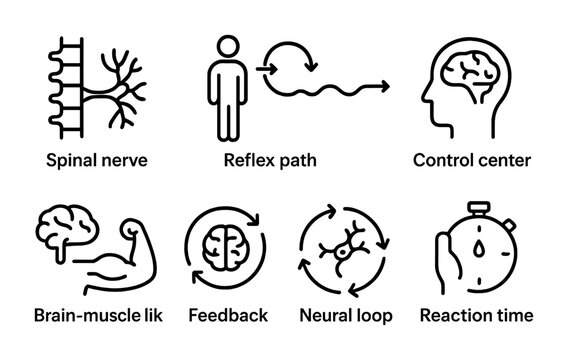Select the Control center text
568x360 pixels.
tap(472, 159)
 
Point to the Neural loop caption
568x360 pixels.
tap(346, 316)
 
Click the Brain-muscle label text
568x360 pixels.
tap(96, 316)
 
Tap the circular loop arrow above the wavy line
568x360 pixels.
tap(297, 62)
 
